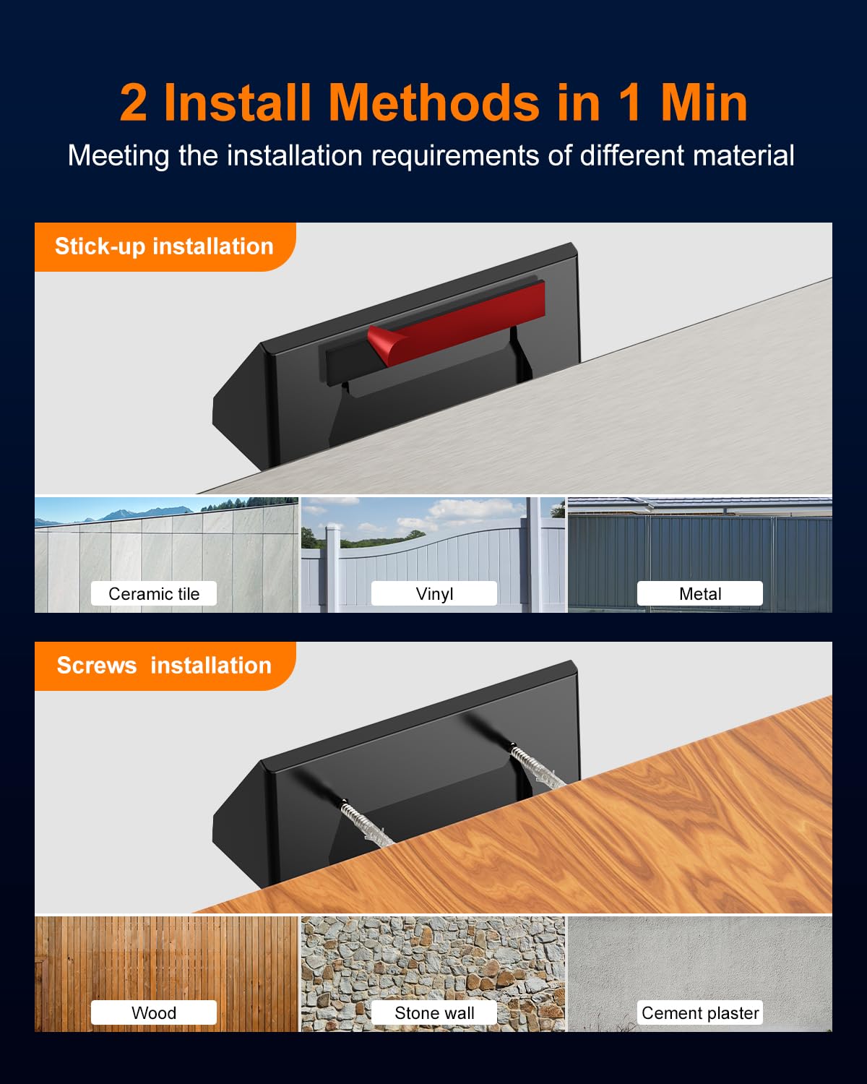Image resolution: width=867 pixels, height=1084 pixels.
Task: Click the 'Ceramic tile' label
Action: click(x=154, y=593)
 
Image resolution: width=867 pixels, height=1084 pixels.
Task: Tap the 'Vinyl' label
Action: click(x=433, y=593)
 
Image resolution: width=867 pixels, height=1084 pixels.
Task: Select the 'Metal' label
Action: click(x=700, y=593)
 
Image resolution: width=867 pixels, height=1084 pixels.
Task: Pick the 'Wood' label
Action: click(x=154, y=1012)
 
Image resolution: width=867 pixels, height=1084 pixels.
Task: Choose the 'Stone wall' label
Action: click(x=433, y=1012)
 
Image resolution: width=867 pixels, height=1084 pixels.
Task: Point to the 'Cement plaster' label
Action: click(x=700, y=1012)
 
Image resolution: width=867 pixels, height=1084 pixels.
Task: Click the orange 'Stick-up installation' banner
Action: click(x=165, y=247)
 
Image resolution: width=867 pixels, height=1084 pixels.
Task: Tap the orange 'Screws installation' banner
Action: click(x=165, y=666)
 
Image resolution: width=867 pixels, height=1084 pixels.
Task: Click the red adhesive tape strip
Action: click(x=456, y=322)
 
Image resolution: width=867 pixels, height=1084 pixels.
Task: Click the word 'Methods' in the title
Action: click(x=433, y=103)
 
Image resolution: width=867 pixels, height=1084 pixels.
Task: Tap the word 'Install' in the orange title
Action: click(x=237, y=103)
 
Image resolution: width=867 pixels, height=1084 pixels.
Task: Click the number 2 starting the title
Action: click(x=134, y=103)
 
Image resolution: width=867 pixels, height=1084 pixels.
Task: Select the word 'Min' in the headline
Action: click(x=704, y=103)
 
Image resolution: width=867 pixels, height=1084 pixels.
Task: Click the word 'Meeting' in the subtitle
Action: click(x=118, y=156)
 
